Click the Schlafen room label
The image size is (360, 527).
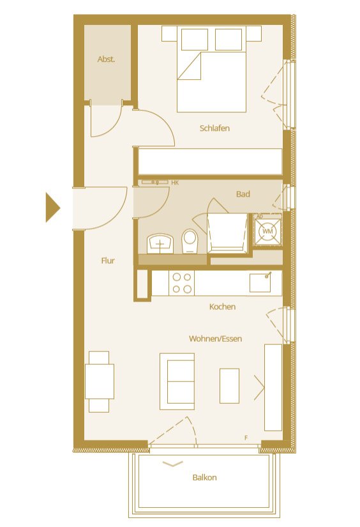tap(214, 128)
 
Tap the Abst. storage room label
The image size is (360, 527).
tap(106, 59)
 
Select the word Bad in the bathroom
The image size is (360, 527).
tap(243, 194)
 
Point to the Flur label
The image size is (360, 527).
tap(108, 261)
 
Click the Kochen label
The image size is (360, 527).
tap(222, 307)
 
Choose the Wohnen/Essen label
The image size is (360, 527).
tap(215, 339)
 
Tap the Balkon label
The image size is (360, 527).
tap(204, 477)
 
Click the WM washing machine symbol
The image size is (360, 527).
tap(268, 230)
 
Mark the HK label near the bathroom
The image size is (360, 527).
tap(175, 183)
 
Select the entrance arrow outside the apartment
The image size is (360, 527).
tap(52, 208)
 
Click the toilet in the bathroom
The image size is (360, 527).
tap(190, 241)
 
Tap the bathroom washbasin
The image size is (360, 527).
tap(160, 243)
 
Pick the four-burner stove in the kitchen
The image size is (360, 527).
tap(181, 283)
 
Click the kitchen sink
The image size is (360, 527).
tap(265, 282)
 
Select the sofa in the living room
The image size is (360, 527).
tap(177, 381)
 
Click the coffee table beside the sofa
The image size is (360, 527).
tap(229, 385)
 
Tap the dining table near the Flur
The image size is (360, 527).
tap(100, 381)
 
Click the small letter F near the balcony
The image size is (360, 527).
tap(246, 438)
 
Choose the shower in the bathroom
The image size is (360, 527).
tap(227, 232)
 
